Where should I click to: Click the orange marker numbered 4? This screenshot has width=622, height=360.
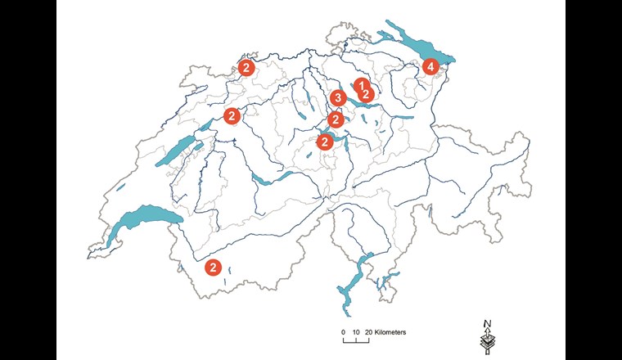[x=430, y=67]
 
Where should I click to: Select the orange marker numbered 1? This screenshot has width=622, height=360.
[x=358, y=85]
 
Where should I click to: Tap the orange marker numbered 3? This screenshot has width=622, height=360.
[x=337, y=99]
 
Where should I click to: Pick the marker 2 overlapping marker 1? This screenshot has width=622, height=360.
[x=367, y=94]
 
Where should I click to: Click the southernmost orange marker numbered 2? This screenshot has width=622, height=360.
[x=213, y=267]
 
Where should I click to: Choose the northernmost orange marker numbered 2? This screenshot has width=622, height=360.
[x=245, y=67]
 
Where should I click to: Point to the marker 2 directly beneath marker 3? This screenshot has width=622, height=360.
[x=335, y=120]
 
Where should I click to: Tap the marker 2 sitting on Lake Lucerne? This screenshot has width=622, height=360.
[x=324, y=142]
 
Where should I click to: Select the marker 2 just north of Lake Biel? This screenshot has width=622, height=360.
[x=232, y=115]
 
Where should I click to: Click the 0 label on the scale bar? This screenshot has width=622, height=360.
[x=344, y=332]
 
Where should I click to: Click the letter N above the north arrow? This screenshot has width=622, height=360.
[x=487, y=322]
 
